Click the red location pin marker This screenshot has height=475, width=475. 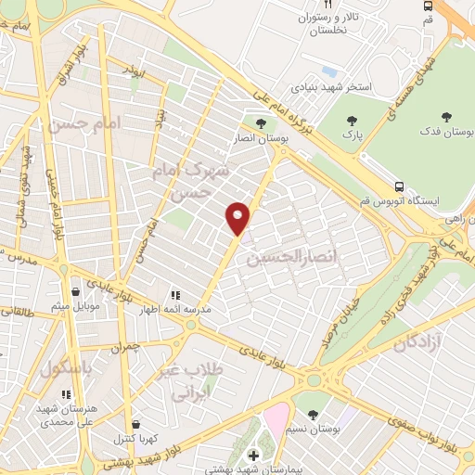pos(238,218)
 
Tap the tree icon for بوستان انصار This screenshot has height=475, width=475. pos(261,123)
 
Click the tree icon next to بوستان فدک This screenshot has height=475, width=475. pos(447,117)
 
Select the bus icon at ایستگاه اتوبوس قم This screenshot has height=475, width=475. pos(399,186)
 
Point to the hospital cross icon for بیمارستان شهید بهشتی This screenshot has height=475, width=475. pos(253,456)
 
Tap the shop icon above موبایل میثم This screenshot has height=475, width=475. pos(61,289)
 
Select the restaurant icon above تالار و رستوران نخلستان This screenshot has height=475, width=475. pos(326,4)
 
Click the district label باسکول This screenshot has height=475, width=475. pos(67,367)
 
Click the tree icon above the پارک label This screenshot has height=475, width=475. pos(352,121)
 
